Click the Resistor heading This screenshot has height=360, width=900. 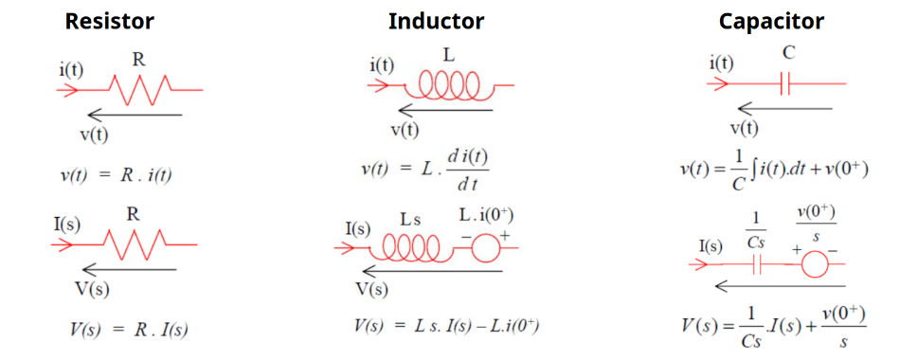click(x=109, y=21)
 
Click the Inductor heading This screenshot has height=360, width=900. click(x=436, y=21)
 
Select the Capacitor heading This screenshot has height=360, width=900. click(x=771, y=21)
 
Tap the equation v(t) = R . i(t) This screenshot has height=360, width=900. click(x=116, y=174)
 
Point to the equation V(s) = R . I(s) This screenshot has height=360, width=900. click(x=129, y=330)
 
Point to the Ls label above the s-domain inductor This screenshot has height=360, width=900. click(x=409, y=220)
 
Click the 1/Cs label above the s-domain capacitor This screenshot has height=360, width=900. click(x=755, y=230)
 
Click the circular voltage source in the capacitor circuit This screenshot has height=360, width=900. click(x=813, y=264)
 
